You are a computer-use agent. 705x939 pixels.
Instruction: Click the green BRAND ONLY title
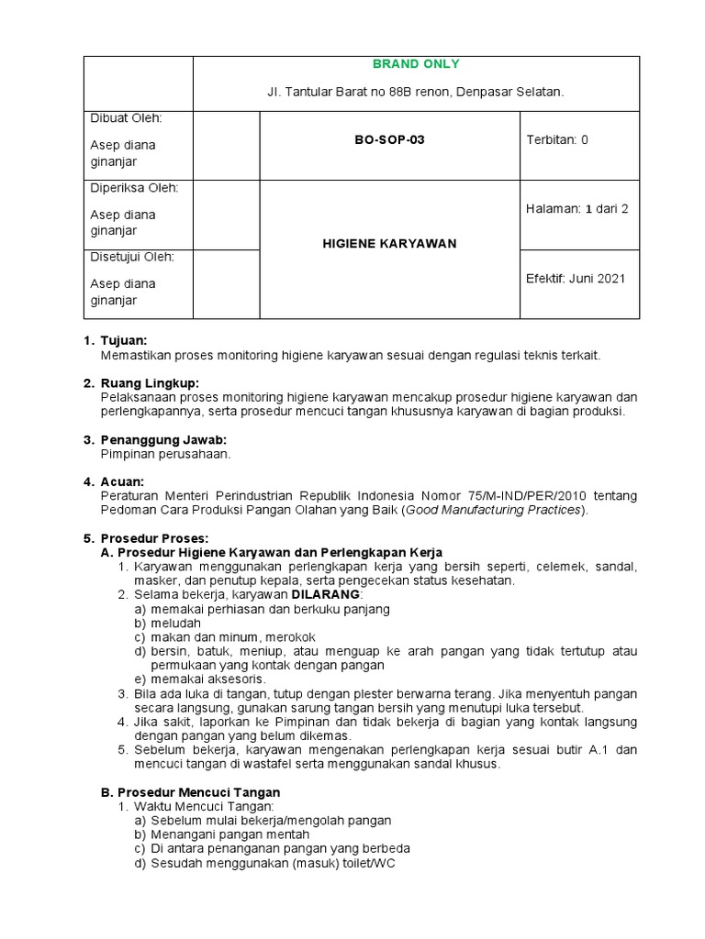tap(416, 64)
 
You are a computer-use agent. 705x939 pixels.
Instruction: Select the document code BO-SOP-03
tap(390, 140)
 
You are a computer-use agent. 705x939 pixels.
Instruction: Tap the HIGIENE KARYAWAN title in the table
tap(390, 244)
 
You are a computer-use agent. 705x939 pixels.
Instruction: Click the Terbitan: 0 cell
tap(556, 140)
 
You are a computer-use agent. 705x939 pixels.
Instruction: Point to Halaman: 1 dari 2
tap(576, 208)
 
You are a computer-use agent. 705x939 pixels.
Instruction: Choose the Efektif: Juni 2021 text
tap(576, 279)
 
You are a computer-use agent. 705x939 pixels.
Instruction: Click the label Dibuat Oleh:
tap(126, 118)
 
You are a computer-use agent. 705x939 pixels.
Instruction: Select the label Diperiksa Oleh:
tap(134, 188)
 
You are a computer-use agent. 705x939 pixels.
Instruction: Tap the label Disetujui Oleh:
tap(132, 258)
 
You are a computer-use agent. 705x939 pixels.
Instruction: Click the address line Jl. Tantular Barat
tap(416, 93)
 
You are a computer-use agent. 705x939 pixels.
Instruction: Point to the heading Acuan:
tap(121, 481)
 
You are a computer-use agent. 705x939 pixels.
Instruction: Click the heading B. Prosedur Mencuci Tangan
tap(190, 792)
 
